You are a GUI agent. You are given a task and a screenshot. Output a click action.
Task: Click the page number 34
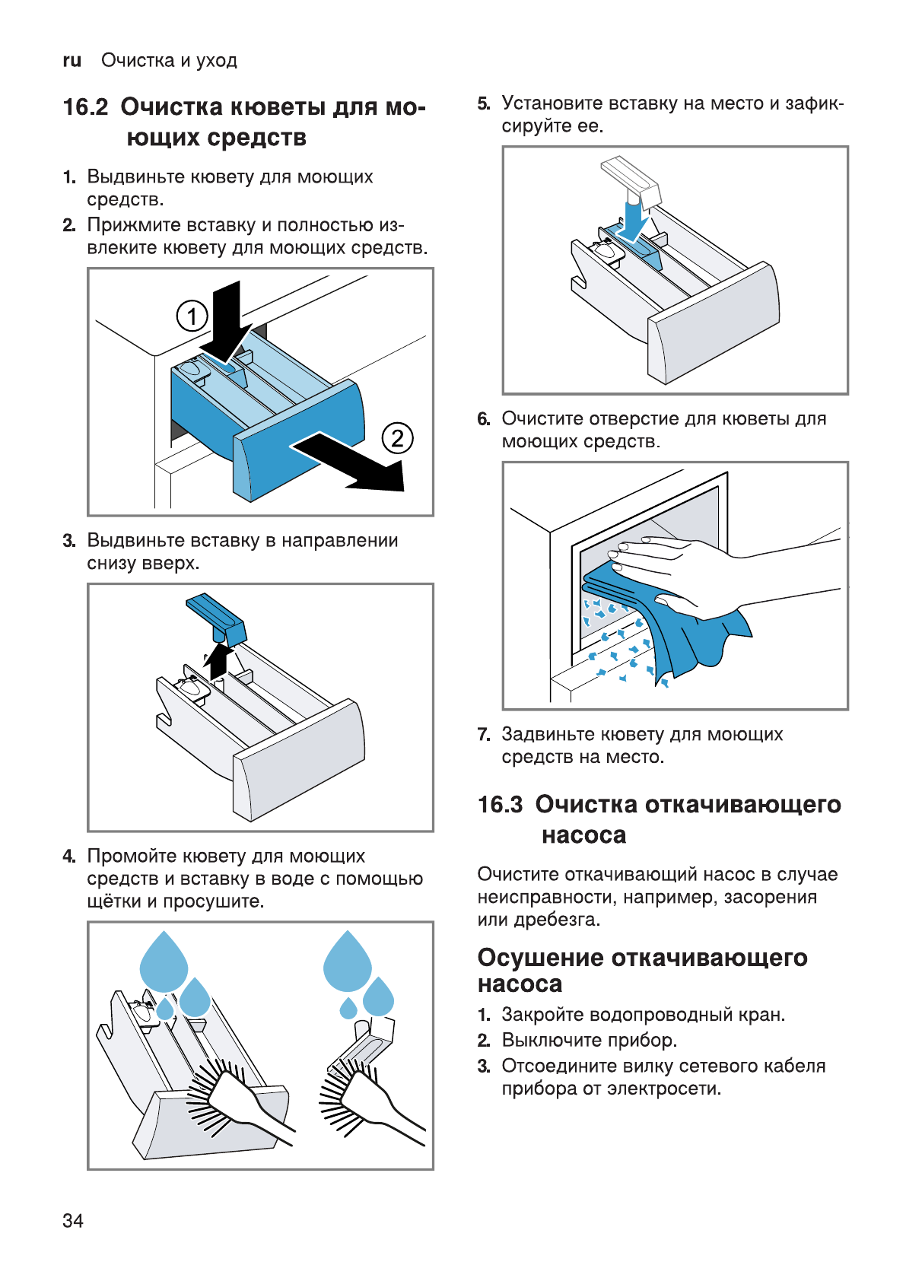(73, 1220)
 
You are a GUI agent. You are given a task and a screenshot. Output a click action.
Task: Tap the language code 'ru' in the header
(72, 61)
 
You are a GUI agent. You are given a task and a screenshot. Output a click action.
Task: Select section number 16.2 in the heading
(86, 107)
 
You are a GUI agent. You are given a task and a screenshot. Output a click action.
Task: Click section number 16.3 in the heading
(500, 805)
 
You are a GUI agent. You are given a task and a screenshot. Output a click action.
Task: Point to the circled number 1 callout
(192, 316)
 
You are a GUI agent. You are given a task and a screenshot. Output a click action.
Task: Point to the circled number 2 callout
(397, 438)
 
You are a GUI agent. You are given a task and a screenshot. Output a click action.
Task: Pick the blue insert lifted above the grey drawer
(216, 616)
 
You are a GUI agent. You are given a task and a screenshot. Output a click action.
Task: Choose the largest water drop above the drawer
(164, 962)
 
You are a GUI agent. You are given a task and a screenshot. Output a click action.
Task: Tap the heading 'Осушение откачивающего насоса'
(642, 970)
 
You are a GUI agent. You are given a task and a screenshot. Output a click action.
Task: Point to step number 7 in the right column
(483, 735)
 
